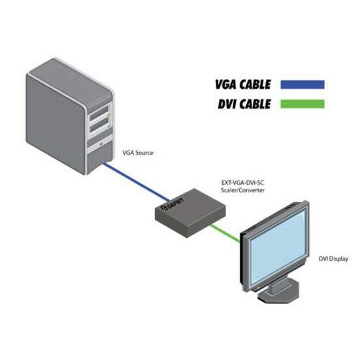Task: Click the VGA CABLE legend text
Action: (x=243, y=84)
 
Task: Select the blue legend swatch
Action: (x=303, y=84)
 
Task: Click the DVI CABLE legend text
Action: (x=244, y=104)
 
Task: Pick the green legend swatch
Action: (x=303, y=104)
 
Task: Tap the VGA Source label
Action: (x=138, y=153)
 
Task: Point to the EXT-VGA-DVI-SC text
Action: (x=242, y=183)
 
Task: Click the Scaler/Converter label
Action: (x=242, y=190)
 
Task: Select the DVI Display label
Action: (x=333, y=259)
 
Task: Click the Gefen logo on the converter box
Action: (x=172, y=204)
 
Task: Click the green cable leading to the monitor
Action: (x=225, y=233)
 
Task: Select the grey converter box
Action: (x=190, y=213)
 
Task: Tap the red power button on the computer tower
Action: (x=101, y=144)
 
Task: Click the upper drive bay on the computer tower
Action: (x=100, y=114)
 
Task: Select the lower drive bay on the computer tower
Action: (x=100, y=125)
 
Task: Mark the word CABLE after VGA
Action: (x=255, y=84)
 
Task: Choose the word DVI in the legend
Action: (x=227, y=104)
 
